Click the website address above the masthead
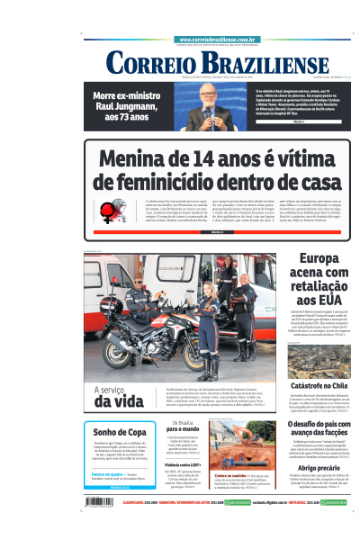(219, 40)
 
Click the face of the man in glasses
(209, 94)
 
